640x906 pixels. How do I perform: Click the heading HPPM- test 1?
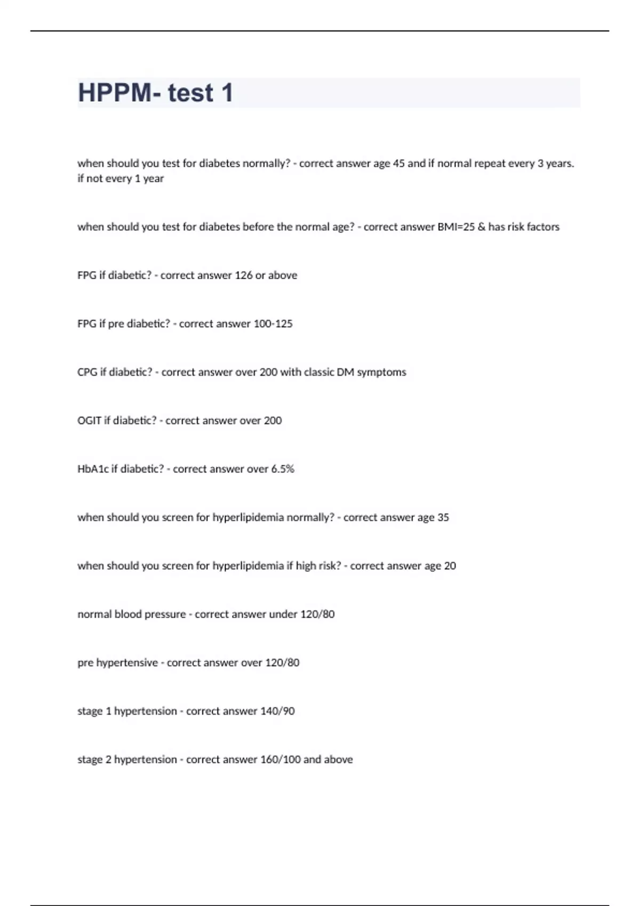click(x=156, y=93)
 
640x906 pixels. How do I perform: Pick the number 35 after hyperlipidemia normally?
click(x=443, y=517)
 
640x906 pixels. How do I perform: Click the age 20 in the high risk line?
click(x=450, y=566)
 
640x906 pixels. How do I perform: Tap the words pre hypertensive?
click(x=118, y=663)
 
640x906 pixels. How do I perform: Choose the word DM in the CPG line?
click(x=346, y=373)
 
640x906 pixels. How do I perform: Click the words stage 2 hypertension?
click(x=127, y=760)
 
